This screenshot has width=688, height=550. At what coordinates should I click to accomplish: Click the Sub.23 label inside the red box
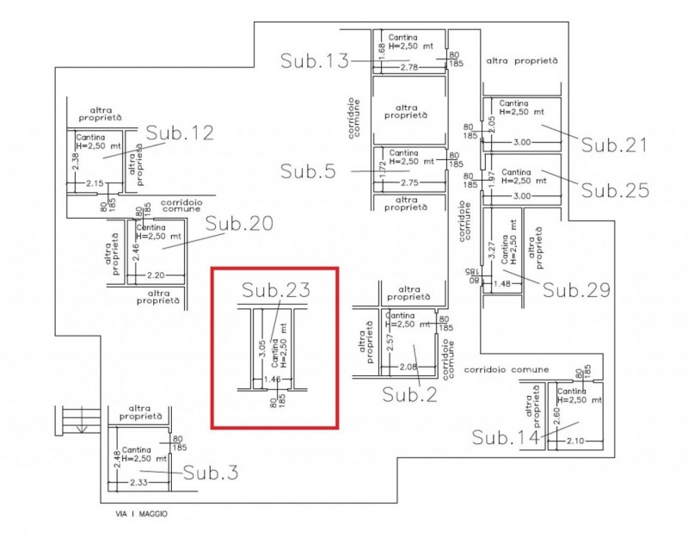275,290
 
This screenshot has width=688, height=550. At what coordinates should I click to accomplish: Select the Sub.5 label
308,170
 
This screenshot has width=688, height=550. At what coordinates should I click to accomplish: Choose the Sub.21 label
614,145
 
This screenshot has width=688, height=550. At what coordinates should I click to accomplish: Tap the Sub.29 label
577,289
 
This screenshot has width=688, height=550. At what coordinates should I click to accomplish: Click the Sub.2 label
411,394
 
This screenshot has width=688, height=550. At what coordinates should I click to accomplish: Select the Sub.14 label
506,437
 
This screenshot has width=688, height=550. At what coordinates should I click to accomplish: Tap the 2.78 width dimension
409,67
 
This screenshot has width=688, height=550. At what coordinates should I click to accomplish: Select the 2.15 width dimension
95,183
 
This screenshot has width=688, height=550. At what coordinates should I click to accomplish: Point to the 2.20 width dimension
156,275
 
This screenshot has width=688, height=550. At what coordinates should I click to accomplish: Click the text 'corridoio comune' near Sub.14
506,368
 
